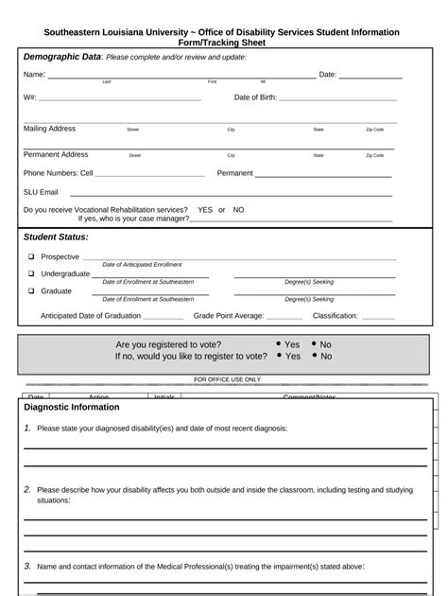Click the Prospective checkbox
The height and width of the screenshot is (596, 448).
31,257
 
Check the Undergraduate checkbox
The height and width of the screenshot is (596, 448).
31,274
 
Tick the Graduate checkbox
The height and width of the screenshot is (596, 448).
31,291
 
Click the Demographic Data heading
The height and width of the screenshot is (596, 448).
62,57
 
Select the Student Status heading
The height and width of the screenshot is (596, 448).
56,237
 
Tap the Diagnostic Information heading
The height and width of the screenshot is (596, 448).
72,407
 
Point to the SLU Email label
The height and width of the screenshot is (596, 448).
41,191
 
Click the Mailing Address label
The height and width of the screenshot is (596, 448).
49,129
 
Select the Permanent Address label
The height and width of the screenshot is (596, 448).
56,154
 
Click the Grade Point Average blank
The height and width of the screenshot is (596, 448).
284,318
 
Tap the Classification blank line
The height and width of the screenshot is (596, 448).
377,318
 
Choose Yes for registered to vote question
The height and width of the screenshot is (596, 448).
279,345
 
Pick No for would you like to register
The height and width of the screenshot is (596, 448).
314,357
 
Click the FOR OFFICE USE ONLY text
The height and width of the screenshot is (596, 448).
227,379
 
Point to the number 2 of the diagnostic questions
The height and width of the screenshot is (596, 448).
27,489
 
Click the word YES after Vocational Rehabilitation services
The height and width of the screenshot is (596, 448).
205,210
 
